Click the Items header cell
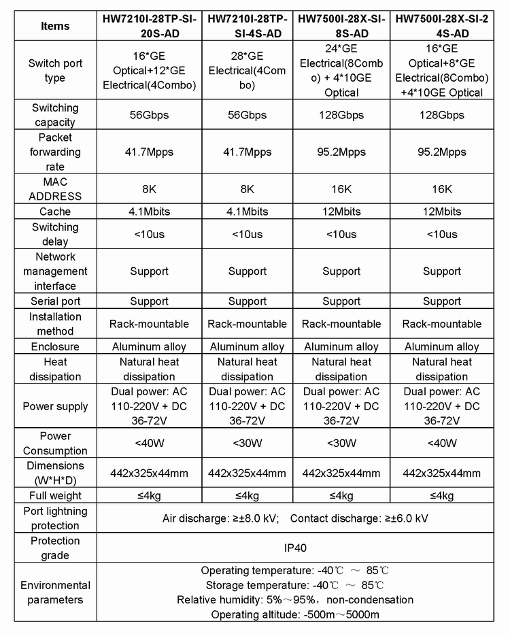pos(55,27)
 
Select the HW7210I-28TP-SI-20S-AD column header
pos(148,27)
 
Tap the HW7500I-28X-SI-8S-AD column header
pos(341,27)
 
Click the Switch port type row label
pos(55,70)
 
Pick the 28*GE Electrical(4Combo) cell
pos(247,70)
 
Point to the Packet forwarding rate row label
pos(55,152)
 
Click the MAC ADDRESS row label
pos(55,189)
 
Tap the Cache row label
pos(55,212)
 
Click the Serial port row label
pos(55,301)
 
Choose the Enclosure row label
pos(55,346)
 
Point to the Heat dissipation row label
pos(55,369)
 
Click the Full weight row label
pos(55,495)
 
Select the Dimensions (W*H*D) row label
pos(55,473)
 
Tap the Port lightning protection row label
pos(55,518)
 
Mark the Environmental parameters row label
pos(55,593)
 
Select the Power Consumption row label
pos(55,443)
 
